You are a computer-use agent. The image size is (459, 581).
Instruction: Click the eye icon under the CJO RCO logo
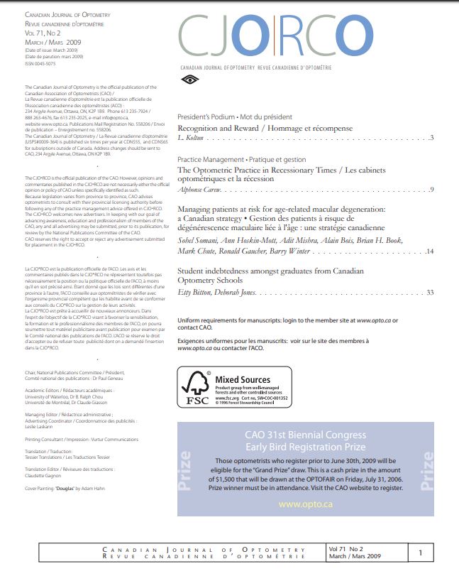point(188,80)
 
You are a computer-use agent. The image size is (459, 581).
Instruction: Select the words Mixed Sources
point(243,380)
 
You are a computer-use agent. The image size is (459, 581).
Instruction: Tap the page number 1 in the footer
point(421,552)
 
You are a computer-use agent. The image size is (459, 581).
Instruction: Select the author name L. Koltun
point(190,137)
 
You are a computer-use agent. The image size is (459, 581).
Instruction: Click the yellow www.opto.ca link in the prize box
point(305,504)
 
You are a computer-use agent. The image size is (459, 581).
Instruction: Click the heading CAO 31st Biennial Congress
point(305,437)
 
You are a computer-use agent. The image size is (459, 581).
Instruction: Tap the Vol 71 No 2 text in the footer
point(346,549)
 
